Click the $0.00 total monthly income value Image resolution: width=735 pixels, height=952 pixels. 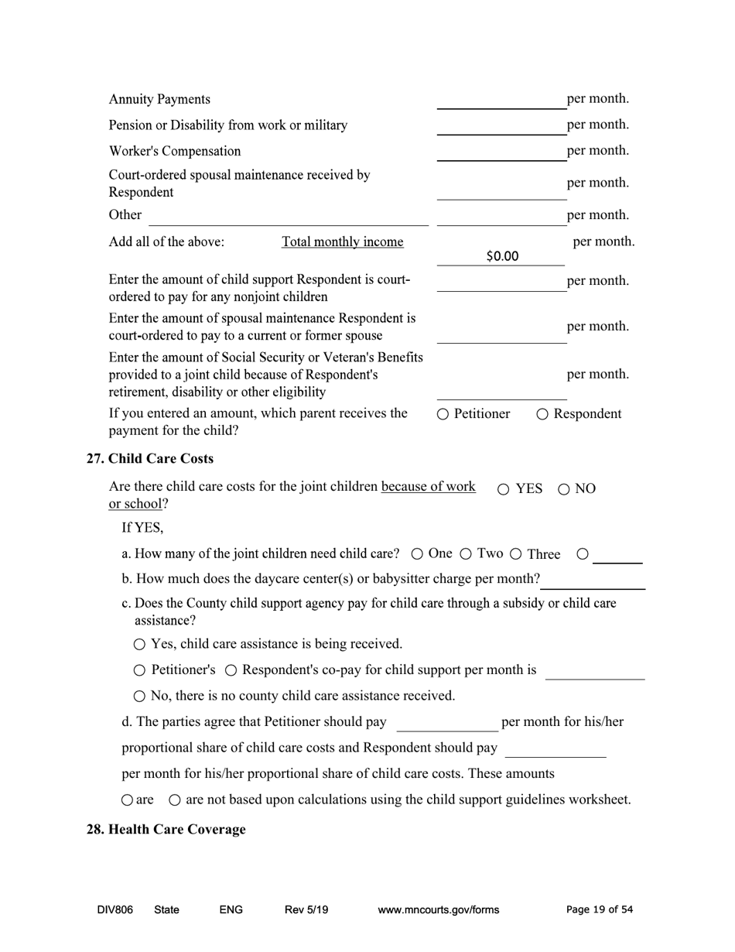(x=502, y=256)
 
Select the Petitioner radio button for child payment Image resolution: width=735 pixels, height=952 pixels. (x=443, y=414)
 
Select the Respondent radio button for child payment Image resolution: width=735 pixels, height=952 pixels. (x=542, y=414)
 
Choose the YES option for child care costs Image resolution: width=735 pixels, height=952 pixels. (x=504, y=489)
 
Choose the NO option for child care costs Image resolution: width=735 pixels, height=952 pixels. (x=563, y=489)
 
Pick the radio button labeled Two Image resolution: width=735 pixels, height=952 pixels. (x=466, y=553)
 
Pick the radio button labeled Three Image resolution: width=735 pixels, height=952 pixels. (x=516, y=553)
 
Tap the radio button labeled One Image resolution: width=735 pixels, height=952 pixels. (x=417, y=553)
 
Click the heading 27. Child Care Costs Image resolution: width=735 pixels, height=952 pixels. (x=149, y=458)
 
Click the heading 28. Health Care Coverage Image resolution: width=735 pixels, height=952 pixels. (x=166, y=829)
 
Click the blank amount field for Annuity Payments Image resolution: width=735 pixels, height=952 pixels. (x=501, y=100)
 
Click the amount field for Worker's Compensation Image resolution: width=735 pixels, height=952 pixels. (x=501, y=152)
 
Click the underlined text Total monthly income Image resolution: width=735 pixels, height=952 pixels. (x=342, y=241)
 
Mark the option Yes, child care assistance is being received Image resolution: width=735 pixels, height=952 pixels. (x=139, y=644)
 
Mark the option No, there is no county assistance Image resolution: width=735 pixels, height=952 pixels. (x=139, y=696)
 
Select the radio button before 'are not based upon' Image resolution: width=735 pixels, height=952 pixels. (x=175, y=800)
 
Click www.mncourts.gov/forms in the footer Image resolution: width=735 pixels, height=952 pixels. (x=438, y=909)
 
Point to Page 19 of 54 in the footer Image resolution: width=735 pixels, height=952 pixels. (x=599, y=909)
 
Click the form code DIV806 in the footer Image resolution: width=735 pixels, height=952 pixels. (x=115, y=909)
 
